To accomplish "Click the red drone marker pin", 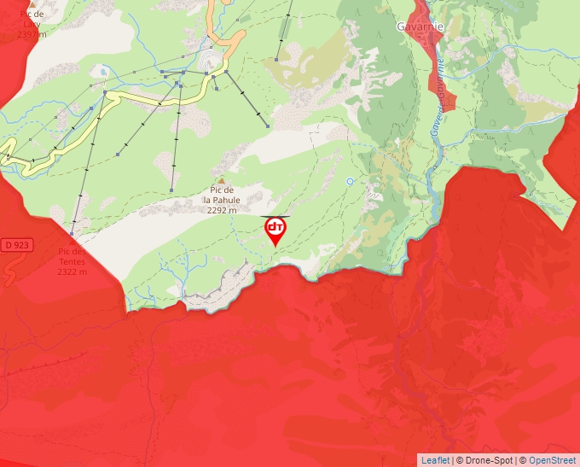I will pyautogui.click(x=275, y=230).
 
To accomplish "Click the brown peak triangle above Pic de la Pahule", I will pyautogui.click(x=222, y=181).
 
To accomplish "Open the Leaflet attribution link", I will pyautogui.click(x=434, y=460).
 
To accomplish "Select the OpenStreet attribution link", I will pyautogui.click(x=552, y=460).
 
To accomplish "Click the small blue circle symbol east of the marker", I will pyautogui.click(x=351, y=181).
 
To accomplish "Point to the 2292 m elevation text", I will pyautogui.click(x=222, y=208).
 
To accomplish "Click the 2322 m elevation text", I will pyautogui.click(x=72, y=271).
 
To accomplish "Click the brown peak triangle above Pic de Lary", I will pyautogui.click(x=32, y=3).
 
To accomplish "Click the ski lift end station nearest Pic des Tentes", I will pyautogui.click(x=72, y=233).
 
